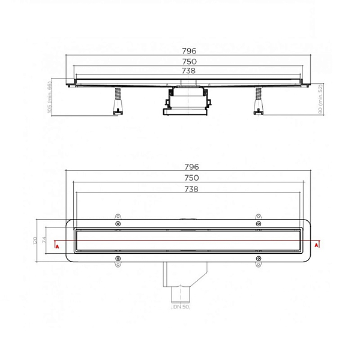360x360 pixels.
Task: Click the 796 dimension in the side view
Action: pyautogui.click(x=189, y=51)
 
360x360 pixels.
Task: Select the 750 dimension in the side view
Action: pyautogui.click(x=190, y=62)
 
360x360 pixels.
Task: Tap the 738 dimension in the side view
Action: pyautogui.click(x=188, y=71)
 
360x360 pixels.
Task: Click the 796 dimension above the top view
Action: pyautogui.click(x=192, y=167)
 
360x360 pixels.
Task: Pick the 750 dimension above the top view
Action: pyautogui.click(x=192, y=178)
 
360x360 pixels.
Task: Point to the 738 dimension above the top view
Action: pyautogui.click(x=191, y=189)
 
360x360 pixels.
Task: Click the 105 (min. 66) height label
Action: pyautogui.click(x=49, y=97)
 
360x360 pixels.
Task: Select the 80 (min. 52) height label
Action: pyautogui.click(x=320, y=99)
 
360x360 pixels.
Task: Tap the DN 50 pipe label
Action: pyautogui.click(x=181, y=307)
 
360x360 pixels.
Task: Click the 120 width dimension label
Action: pyautogui.click(x=35, y=241)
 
